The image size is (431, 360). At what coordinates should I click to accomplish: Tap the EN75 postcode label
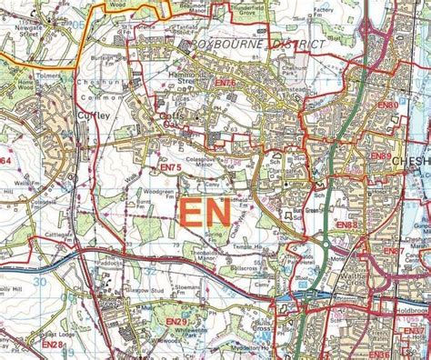click(x=171, y=167)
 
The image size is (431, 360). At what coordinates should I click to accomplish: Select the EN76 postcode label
click(x=225, y=84)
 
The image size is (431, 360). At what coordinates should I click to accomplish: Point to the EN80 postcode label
click(x=387, y=105)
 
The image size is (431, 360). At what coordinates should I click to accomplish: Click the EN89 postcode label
click(x=380, y=156)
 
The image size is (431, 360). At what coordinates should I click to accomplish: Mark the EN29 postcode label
click(x=175, y=322)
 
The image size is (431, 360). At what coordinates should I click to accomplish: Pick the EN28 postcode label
click(x=53, y=345)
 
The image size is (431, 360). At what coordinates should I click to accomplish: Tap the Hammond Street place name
click(x=181, y=77)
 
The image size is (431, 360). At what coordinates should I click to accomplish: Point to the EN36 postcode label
click(x=380, y=354)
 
